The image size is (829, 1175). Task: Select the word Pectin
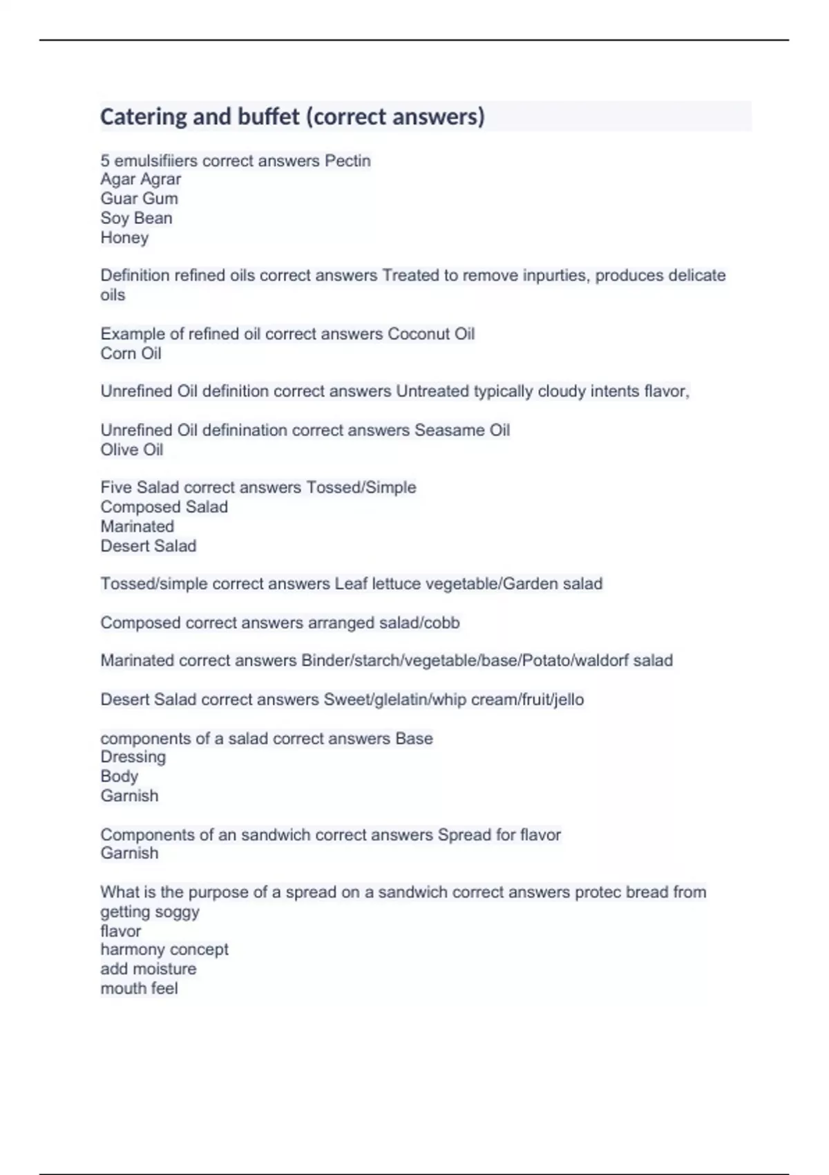347,161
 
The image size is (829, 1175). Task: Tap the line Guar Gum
139,199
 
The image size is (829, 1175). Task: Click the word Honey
124,238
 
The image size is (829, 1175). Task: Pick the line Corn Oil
131,354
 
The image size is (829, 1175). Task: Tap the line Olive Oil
131,450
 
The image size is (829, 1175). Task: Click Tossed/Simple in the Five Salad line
361,488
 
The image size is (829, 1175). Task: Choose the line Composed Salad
164,507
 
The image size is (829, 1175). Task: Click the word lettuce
395,584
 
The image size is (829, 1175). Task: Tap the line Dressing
133,757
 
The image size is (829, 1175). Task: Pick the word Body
119,776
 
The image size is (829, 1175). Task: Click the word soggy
178,912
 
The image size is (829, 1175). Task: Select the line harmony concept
164,950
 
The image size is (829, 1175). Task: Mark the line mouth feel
139,988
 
